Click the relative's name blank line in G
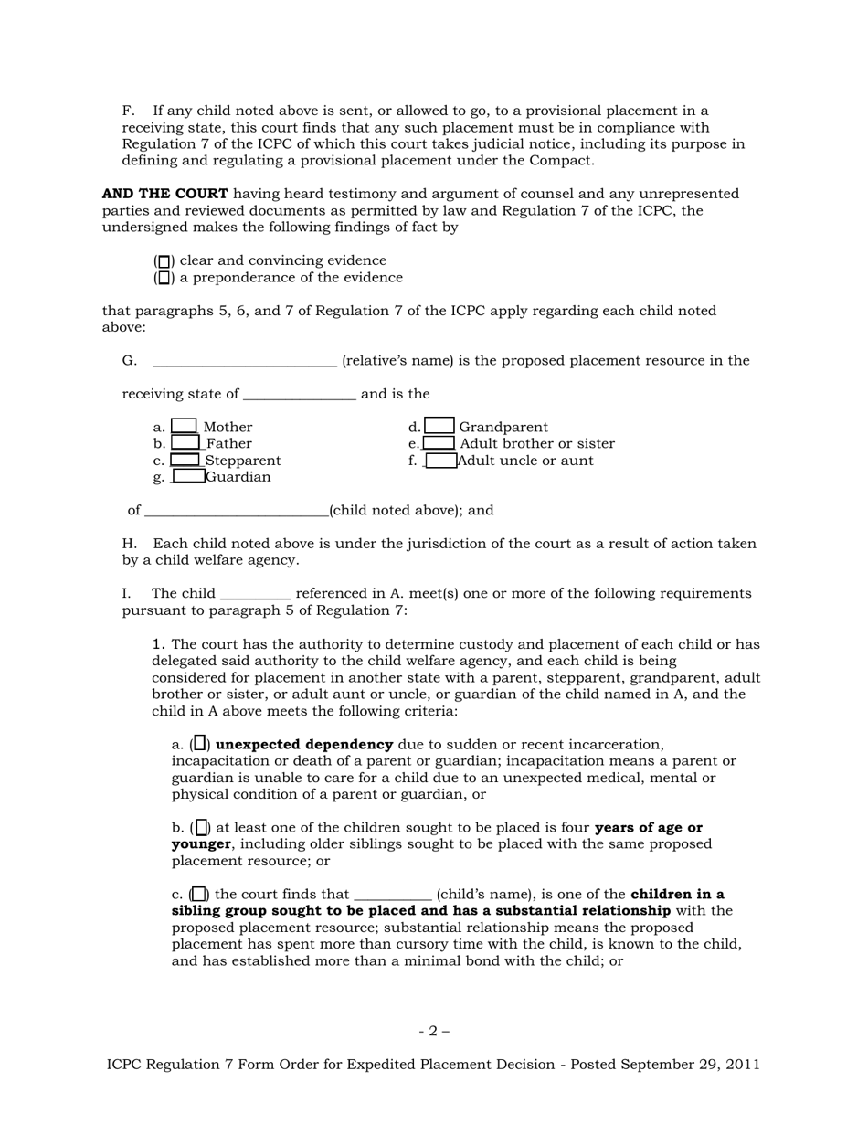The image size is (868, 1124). [245, 361]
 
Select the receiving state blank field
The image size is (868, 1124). [299, 395]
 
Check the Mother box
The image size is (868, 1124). [185, 426]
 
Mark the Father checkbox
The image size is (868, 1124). [185, 443]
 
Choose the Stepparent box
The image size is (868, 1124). [185, 460]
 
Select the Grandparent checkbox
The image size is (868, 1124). [439, 426]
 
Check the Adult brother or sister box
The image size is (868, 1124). [439, 443]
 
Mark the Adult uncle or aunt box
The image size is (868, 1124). [441, 461]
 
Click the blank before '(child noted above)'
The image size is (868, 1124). [236, 511]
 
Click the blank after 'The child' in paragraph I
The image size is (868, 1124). [256, 594]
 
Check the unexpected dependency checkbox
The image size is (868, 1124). [200, 744]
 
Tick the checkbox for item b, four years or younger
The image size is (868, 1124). [202, 828]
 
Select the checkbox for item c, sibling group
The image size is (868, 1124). [198, 895]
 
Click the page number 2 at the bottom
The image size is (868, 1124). [434, 1032]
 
